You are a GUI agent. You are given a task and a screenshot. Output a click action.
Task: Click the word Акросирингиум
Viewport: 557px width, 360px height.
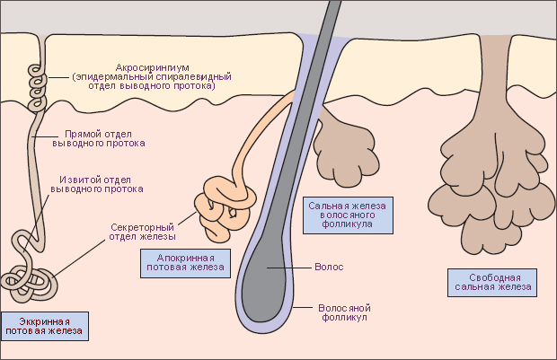click(153, 67)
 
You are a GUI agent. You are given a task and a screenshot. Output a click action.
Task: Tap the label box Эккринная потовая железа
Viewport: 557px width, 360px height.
click(44, 326)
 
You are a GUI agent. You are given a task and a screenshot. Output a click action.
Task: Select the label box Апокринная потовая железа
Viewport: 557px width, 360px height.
click(185, 263)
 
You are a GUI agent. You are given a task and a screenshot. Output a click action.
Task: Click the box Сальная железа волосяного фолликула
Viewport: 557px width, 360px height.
click(348, 215)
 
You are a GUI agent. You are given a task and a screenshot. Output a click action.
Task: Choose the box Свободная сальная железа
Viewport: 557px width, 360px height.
click(492, 282)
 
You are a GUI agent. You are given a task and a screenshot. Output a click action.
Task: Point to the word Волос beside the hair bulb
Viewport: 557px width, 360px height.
click(329, 267)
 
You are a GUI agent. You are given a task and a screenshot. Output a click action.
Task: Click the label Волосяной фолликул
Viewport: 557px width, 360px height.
click(344, 312)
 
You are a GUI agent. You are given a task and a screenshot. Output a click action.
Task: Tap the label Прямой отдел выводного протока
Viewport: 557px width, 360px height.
click(99, 139)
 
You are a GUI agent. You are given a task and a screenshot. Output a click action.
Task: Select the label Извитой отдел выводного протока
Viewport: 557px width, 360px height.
click(97, 184)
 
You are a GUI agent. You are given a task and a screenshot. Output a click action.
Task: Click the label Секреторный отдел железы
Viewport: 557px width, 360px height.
click(142, 232)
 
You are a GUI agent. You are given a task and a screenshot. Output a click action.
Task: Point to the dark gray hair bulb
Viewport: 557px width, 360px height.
click(265, 284)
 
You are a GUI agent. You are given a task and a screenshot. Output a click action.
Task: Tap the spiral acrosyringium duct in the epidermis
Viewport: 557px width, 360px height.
click(37, 88)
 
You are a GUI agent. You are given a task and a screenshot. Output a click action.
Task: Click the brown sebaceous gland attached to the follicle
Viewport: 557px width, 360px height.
click(345, 149)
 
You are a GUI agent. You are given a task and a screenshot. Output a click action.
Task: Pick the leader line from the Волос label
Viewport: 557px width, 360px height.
click(289, 268)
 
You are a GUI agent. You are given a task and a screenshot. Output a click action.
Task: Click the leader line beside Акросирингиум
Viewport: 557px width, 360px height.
click(57, 77)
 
